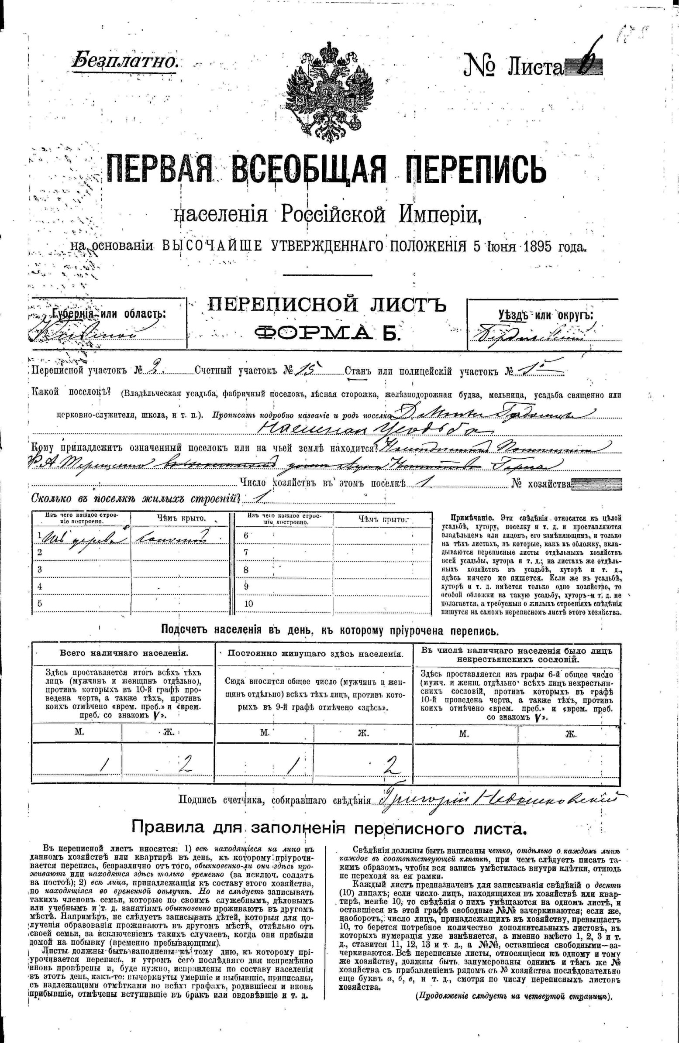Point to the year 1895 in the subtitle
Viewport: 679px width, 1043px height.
click(537, 247)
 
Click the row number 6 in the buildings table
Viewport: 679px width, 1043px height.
click(246, 535)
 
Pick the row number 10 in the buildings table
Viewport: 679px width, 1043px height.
click(248, 603)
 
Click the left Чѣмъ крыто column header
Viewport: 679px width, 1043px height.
click(181, 518)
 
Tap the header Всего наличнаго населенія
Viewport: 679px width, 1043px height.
click(124, 653)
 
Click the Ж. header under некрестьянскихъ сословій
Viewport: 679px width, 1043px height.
click(569, 734)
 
